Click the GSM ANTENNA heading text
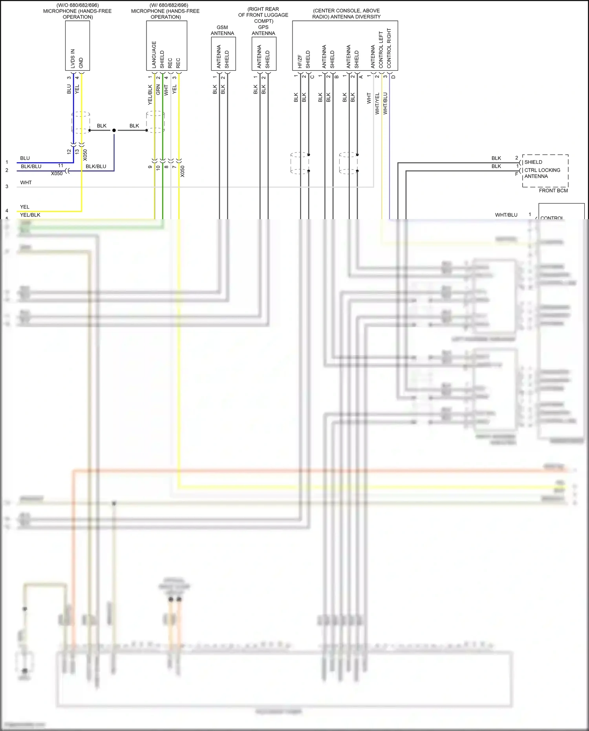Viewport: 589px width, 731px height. [x=222, y=30]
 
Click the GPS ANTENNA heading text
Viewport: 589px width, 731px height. [x=263, y=30]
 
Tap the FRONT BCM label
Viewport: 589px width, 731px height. [x=553, y=191]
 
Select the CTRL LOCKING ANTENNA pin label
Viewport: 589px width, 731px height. [x=542, y=173]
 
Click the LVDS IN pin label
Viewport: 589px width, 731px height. [x=73, y=59]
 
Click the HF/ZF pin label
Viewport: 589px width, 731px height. [x=300, y=61]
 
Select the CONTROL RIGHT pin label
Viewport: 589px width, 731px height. [x=389, y=48]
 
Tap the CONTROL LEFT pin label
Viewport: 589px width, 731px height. [x=381, y=50]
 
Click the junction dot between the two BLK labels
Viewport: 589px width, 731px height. [x=114, y=130]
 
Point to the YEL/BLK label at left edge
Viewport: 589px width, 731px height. [x=30, y=215]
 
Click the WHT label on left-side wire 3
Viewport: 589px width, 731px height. [x=26, y=183]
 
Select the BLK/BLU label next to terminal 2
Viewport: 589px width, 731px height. [x=31, y=167]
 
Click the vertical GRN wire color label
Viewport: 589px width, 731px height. [x=158, y=90]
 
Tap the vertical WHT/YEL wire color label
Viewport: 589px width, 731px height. [x=377, y=103]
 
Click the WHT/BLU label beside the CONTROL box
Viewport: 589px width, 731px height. [x=506, y=215]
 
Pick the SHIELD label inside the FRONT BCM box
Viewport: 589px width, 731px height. [x=533, y=162]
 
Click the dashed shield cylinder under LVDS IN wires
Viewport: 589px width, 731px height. [x=81, y=122]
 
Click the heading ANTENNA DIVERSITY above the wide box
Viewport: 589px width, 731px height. [x=346, y=17]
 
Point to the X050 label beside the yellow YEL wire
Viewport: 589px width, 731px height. [x=85, y=155]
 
